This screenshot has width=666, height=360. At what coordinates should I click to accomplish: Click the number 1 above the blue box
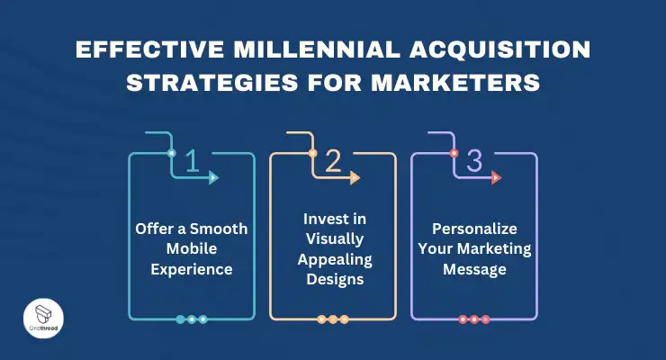pyautogui.click(x=191, y=161)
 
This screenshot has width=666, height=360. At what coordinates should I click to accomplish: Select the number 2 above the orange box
pyautogui.click(x=333, y=161)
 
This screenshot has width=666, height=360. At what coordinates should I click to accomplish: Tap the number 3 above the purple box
pyautogui.click(x=474, y=161)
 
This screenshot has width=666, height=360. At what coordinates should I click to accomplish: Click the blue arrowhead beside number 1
pyautogui.click(x=214, y=178)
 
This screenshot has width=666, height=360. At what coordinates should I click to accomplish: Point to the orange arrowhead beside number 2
pyautogui.click(x=355, y=178)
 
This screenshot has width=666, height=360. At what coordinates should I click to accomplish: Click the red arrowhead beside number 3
pyautogui.click(x=497, y=178)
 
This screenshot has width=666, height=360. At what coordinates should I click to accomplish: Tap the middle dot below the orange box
pyautogui.click(x=333, y=319)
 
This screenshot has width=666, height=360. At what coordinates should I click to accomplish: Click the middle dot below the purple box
pyautogui.click(x=474, y=319)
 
